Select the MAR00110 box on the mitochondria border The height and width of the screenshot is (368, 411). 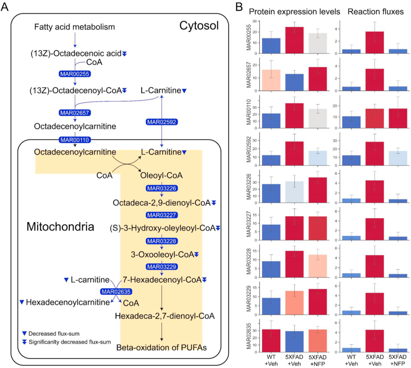pyautogui.click(x=74, y=140)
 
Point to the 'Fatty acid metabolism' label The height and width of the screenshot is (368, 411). pyautogui.click(x=74, y=26)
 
